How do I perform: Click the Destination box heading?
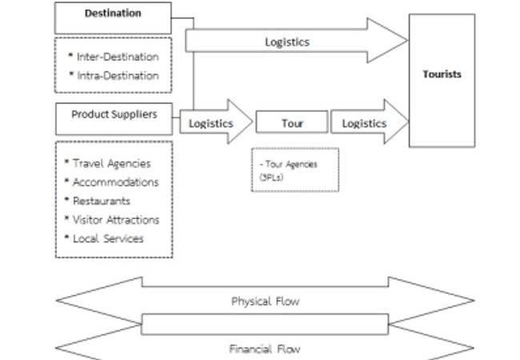click(113, 14)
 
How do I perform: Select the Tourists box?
click(442, 74)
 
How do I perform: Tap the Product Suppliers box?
click(114, 114)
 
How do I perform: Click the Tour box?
click(292, 123)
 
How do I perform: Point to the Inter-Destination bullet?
click(117, 57)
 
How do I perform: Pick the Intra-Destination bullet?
click(117, 76)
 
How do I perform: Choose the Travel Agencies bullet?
click(110, 163)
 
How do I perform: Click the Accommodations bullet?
click(114, 182)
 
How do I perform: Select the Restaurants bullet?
click(101, 201)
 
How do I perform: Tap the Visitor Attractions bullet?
click(115, 220)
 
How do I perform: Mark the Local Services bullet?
click(107, 238)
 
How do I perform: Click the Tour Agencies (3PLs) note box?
click(294, 170)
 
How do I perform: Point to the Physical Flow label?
click(264, 302)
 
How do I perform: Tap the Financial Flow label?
click(265, 349)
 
